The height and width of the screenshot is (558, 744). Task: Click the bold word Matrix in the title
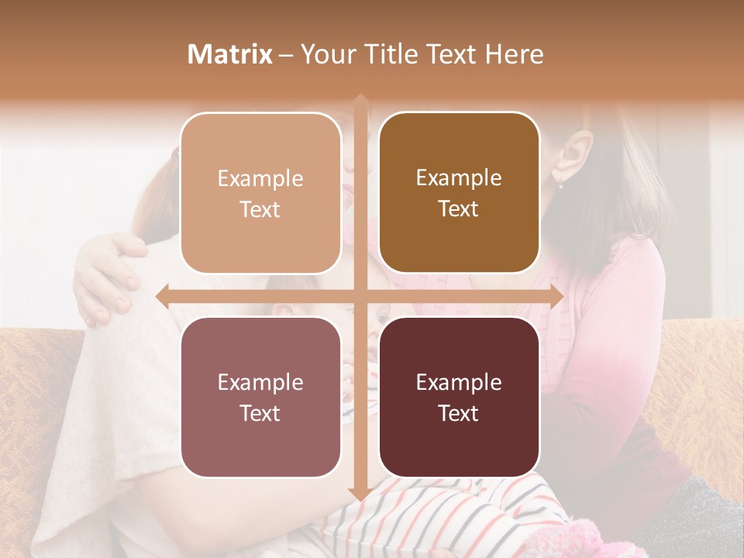[x=230, y=54]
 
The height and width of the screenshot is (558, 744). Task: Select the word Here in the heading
[x=515, y=54]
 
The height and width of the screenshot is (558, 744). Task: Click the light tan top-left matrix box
[x=260, y=194]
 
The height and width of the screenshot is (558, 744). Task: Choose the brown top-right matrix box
[x=459, y=194]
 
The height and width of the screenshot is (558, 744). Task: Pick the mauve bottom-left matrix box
[x=260, y=398]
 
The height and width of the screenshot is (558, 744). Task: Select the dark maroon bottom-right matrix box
[x=459, y=398]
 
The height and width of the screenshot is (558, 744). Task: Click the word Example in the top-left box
[x=260, y=179]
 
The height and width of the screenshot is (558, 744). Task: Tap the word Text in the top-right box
[x=459, y=209]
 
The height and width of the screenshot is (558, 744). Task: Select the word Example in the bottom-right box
[x=459, y=383]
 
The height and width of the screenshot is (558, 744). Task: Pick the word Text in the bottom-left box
[x=260, y=413]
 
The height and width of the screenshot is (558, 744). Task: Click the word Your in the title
[x=324, y=54]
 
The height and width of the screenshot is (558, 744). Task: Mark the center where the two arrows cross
[x=360, y=297]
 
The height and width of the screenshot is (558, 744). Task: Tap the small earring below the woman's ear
[x=560, y=184]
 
